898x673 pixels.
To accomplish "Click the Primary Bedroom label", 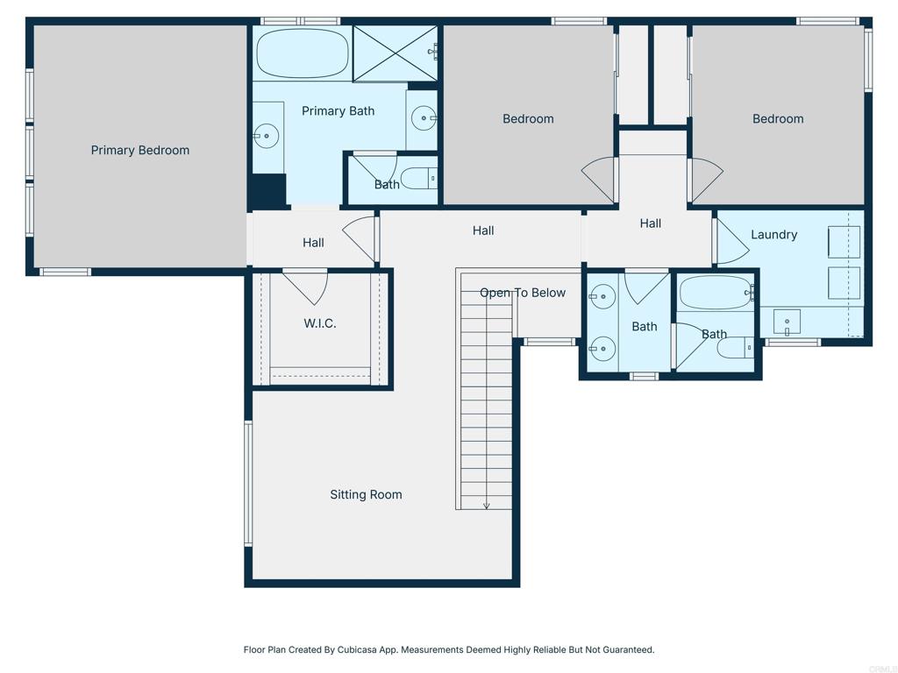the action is coord(139,151).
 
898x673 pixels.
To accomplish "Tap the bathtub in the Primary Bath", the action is coord(303,53).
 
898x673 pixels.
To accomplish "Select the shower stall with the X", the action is coord(396,53).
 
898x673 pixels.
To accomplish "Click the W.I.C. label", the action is coord(319,324).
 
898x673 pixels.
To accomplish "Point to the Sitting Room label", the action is coord(366,494).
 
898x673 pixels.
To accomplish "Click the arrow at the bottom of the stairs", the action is coord(486,505).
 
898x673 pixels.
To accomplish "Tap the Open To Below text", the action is coord(523,293).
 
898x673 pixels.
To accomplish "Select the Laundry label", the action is coord(773,235).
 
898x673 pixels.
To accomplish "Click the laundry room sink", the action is coord(787,322).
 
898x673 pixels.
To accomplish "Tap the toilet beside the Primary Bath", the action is coord(419,179).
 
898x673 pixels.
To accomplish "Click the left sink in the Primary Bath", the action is coord(267,136).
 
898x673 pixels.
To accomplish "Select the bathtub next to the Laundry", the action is coord(716,293).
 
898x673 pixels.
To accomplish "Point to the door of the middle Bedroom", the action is coord(597,179).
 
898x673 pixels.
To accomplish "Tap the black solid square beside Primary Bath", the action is coord(267,192).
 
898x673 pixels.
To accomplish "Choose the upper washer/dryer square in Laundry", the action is coord(845,242).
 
